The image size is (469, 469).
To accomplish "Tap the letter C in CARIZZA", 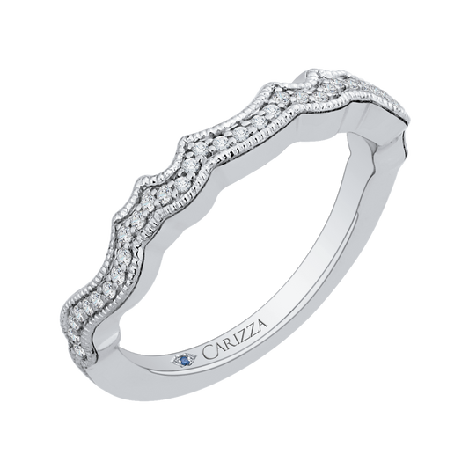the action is click(x=209, y=352).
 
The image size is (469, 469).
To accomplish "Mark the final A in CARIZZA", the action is click(x=261, y=322).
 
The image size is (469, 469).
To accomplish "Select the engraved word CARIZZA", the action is click(x=235, y=337).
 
